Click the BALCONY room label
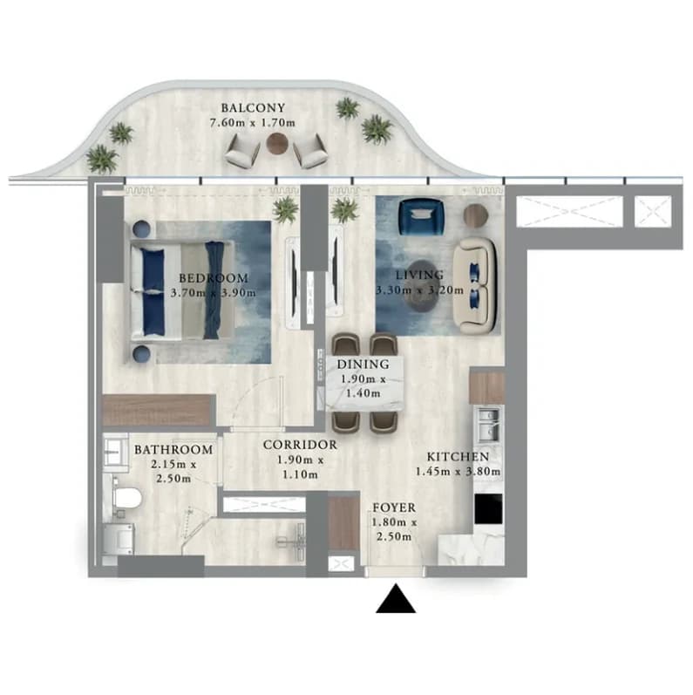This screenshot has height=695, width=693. point(253,108)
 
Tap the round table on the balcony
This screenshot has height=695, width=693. point(277,143)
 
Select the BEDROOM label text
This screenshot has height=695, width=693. point(214,278)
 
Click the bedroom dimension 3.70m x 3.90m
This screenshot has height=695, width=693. point(213,292)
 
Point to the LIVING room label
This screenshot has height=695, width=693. point(419,275)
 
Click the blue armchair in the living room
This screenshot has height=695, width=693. point(421,217)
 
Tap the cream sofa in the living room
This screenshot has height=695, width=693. point(476,286)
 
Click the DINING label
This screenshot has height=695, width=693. point(363,365)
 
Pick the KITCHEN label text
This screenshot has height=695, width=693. point(458,457)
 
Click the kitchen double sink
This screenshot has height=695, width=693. point(488,425)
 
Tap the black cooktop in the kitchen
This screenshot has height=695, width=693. point(488,509)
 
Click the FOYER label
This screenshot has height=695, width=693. point(394,508)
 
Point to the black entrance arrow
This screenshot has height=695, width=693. point(396,599)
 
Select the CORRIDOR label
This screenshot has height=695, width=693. point(300,445)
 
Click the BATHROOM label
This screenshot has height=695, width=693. point(173,449)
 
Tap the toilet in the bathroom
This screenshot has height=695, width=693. point(126,498)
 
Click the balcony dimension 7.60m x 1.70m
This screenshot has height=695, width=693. point(253,123)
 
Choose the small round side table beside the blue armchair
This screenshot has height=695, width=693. point(476,216)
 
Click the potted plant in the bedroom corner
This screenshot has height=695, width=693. point(285,209)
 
